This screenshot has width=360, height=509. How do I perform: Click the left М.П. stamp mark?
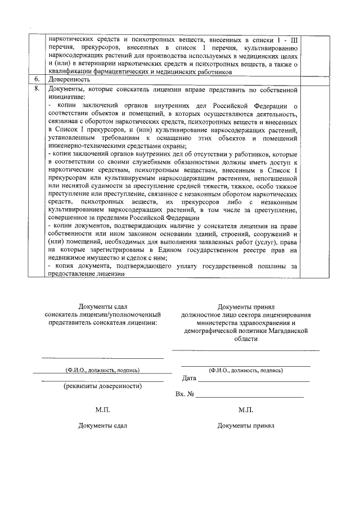click(103, 409)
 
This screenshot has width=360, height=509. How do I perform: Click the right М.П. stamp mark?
click(246, 409)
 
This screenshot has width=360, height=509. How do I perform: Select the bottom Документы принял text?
click(246, 426)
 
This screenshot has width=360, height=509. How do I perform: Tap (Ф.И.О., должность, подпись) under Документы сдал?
click(102, 370)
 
